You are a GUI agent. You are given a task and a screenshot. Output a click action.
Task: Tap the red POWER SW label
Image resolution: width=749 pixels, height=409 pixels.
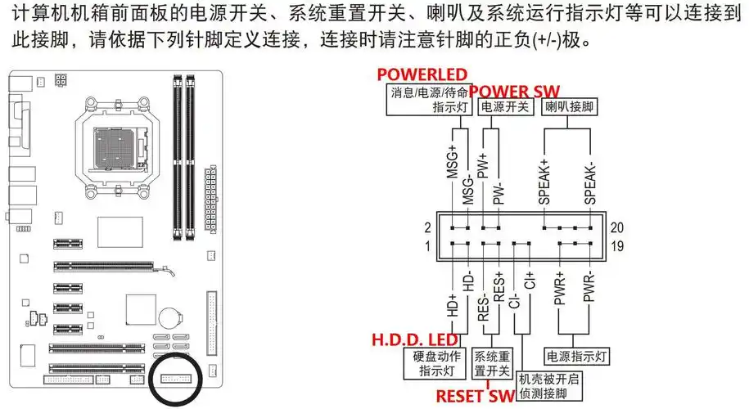pyautogui.click(x=514, y=90)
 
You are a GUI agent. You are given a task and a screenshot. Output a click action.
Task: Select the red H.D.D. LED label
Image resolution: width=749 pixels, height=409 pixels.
pyautogui.click(x=415, y=339)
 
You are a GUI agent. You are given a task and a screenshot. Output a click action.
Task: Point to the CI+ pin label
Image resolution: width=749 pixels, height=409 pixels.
pyautogui.click(x=530, y=279)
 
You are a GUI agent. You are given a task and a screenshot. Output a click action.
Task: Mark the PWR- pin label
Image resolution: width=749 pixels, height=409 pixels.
pyautogui.click(x=589, y=290)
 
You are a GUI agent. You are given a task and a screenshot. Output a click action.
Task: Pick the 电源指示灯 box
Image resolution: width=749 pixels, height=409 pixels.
pyautogui.click(x=577, y=357)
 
